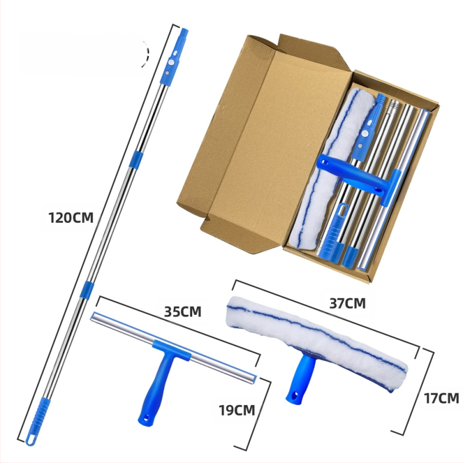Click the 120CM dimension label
coord(71,218)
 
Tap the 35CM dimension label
coord(183,312)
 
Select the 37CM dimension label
coord(347,303)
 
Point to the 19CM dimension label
coord(237,410)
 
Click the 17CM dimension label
coord(442,398)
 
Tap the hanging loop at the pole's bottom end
coord(31,439)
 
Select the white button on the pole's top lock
coord(171,63)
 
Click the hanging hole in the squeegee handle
coord(146,418)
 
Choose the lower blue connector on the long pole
coord(86,291)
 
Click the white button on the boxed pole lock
coord(366,134)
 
